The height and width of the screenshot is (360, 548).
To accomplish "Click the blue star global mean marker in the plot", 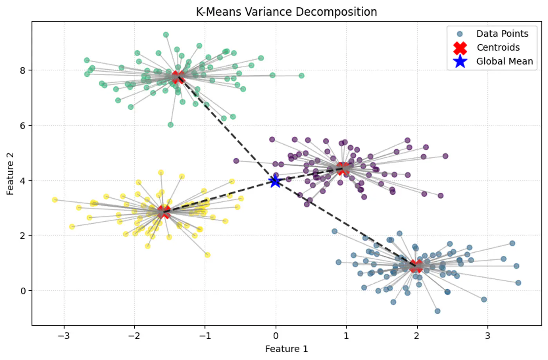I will tap(275, 181).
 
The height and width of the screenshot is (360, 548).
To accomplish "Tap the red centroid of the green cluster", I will tap(178, 77).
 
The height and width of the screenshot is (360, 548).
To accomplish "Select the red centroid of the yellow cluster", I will tap(164, 212).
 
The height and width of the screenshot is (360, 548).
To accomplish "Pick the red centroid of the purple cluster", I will tap(343, 169).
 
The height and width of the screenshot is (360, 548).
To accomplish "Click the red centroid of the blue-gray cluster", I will tap(416, 266).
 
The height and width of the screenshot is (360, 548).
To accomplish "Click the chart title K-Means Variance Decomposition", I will tap(286, 12).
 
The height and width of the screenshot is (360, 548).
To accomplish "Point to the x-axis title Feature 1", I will tap(286, 349).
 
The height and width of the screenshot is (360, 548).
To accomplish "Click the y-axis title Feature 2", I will tap(10, 174).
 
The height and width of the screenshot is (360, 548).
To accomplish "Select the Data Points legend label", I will tap(502, 34).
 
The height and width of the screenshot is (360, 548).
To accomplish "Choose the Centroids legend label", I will tap(498, 47).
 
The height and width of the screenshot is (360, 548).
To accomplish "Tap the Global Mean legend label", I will tap(504, 61).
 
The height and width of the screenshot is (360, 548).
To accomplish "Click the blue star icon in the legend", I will tap(460, 62).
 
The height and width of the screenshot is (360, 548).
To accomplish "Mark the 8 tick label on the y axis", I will tap(23, 71).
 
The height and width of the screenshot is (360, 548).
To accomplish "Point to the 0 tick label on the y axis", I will tap(23, 291).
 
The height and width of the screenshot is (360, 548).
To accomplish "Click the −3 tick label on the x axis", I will tap(63, 336).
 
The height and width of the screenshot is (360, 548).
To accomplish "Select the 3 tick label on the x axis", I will tap(487, 336).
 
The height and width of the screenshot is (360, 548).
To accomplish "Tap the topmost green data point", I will tap(166, 35).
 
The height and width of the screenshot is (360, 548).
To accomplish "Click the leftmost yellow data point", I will tap(55, 200).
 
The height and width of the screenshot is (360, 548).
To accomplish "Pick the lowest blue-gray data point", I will tap(437, 311).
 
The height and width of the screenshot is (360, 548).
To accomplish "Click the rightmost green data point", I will tap(301, 76).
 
